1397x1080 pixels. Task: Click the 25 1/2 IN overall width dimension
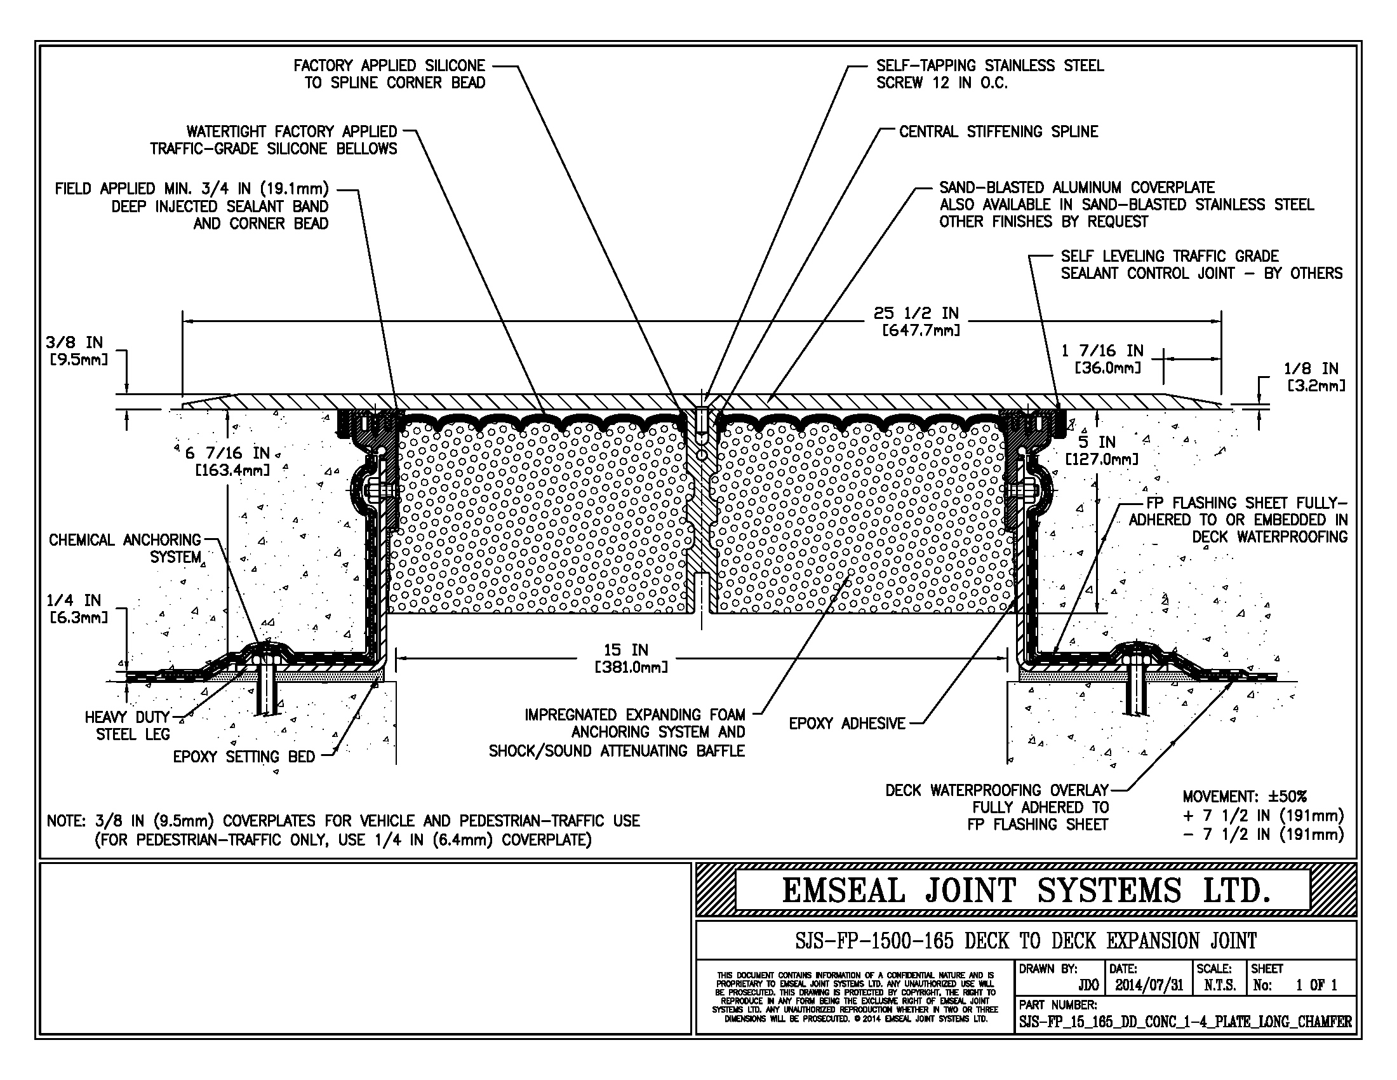(x=916, y=321)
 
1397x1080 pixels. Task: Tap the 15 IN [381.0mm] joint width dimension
(x=631, y=658)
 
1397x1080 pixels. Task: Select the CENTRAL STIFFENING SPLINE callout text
(x=998, y=132)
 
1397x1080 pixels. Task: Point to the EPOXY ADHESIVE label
(x=847, y=724)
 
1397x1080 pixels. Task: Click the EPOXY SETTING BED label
(x=244, y=757)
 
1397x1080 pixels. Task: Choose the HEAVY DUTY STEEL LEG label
(x=127, y=726)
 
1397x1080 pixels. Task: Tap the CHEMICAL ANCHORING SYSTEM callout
(x=124, y=548)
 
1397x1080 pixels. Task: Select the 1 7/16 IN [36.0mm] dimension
(x=1102, y=359)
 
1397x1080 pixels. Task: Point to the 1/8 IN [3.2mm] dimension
(x=1315, y=377)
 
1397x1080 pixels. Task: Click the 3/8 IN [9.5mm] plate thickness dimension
(x=78, y=350)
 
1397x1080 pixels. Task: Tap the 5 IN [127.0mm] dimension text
(x=1101, y=450)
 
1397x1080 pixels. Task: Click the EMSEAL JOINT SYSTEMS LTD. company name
(x=1026, y=891)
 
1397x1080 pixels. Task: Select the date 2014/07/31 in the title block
(x=1149, y=985)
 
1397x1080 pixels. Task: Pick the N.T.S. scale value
(x=1219, y=985)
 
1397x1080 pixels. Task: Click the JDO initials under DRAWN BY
(x=1088, y=985)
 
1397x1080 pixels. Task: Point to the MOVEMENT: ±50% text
(x=1244, y=797)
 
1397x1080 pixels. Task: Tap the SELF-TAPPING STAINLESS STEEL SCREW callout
(x=989, y=74)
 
